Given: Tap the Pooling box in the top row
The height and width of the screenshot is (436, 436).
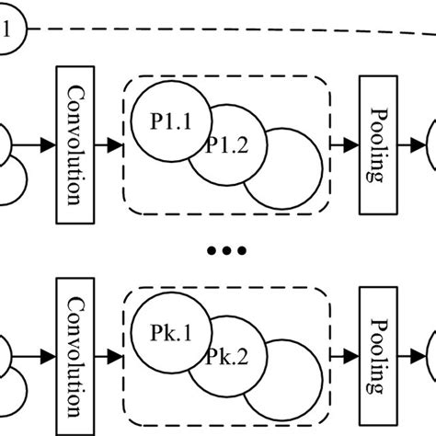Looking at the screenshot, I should tap(375, 144).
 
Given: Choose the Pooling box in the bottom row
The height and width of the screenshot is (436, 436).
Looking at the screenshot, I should tap(375, 355).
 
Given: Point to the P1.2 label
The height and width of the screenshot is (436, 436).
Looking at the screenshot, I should tap(225, 145).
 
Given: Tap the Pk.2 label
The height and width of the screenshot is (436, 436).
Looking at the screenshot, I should tap(225, 355).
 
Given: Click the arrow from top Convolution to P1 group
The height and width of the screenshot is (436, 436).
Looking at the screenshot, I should tap(109, 145).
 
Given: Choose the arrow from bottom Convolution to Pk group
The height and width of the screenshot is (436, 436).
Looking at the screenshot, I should tap(109, 355).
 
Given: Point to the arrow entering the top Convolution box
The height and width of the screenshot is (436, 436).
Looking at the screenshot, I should tap(42, 145).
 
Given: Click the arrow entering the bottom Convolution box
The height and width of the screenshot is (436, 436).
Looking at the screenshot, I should tap(42, 355).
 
